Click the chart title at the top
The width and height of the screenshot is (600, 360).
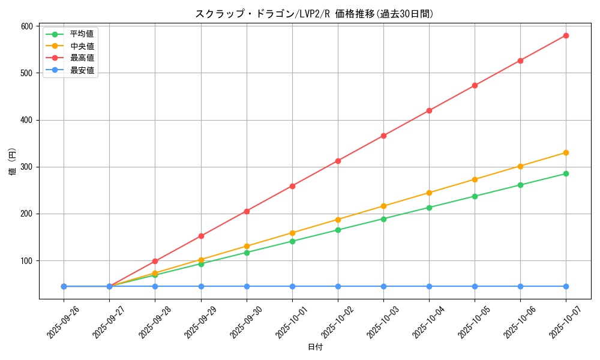314,14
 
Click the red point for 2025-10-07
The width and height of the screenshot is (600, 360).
566,35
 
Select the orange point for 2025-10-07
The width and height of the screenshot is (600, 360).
566,152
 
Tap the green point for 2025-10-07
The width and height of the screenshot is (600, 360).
566,173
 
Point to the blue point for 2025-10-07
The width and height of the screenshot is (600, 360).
566,286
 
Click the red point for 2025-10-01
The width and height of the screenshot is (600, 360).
292,186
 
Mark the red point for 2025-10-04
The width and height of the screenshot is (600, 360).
429,110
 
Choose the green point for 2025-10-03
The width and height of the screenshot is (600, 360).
383,219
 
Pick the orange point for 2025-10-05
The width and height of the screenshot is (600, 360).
475,179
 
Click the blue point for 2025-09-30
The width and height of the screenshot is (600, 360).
247,286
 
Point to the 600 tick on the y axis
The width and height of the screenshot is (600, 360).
26,26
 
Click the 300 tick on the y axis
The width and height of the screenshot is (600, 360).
26,167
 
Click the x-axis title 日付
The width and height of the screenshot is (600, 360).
315,347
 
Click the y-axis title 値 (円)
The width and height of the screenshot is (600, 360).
13,162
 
